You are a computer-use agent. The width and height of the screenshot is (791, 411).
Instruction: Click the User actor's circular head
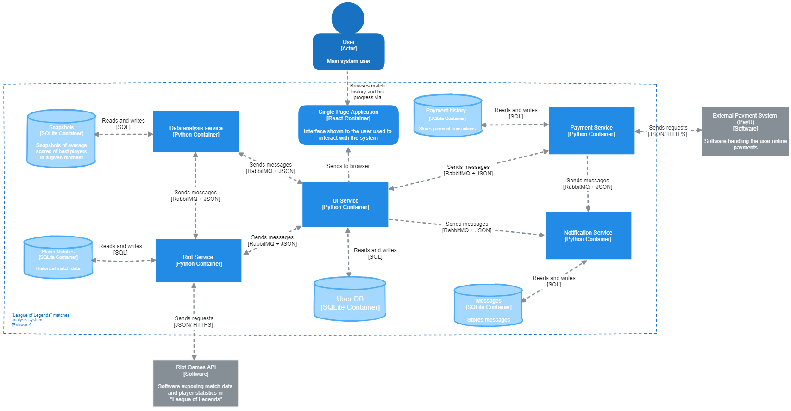click(348, 19)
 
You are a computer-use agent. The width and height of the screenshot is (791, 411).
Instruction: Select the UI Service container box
click(345, 204)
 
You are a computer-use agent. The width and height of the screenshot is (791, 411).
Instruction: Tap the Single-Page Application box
click(348, 125)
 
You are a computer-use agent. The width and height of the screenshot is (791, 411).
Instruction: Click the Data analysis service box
click(195, 131)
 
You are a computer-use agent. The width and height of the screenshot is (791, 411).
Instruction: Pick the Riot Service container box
click(198, 261)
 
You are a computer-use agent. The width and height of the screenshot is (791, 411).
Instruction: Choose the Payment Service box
click(591, 131)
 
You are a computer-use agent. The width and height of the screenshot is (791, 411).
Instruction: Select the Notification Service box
click(588, 236)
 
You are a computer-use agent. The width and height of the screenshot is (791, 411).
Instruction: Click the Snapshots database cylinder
click(61, 139)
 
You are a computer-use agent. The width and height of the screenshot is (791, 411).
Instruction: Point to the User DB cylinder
click(350, 299)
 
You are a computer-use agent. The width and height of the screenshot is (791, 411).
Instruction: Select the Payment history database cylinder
click(447, 116)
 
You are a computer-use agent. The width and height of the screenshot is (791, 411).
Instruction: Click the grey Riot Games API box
click(195, 383)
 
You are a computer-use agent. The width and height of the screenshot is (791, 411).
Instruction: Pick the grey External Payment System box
click(745, 131)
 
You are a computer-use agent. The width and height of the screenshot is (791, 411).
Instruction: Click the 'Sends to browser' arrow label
click(348, 166)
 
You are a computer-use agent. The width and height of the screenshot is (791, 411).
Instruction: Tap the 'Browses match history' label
click(367, 92)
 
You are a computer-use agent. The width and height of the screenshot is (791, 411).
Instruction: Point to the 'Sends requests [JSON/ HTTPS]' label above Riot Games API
click(194, 322)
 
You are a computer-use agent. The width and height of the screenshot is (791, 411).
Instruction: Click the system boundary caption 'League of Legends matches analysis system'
click(40, 320)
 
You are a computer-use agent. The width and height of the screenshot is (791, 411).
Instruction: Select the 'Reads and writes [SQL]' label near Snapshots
click(123, 124)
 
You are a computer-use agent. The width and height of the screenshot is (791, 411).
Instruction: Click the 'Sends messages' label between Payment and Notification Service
click(587, 184)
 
